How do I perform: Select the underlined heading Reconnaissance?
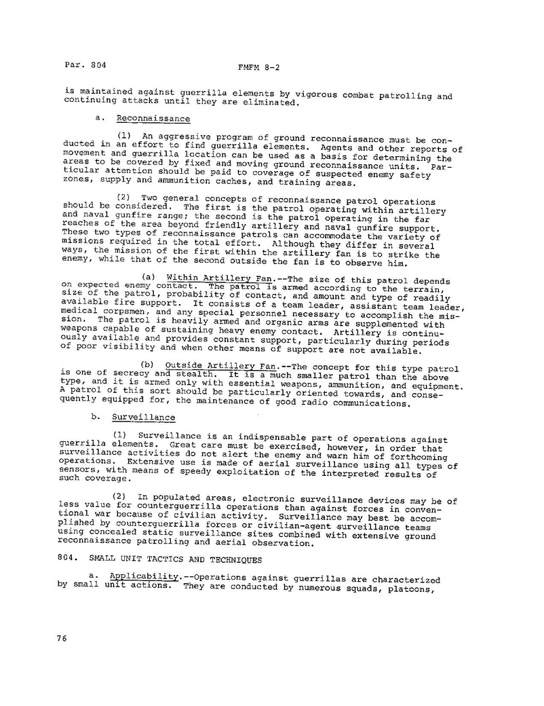tap(153, 118)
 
